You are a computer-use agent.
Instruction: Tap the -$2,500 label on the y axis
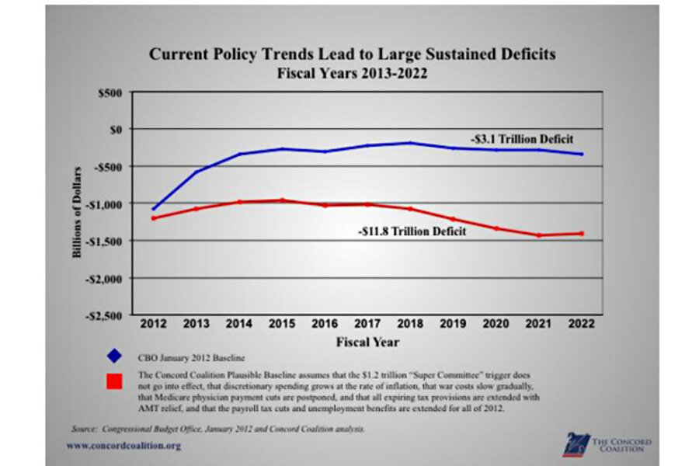(x=106, y=315)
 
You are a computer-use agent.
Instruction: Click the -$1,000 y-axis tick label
(x=106, y=203)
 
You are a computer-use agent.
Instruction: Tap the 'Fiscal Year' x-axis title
(x=367, y=342)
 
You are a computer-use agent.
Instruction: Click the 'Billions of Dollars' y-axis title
(x=78, y=204)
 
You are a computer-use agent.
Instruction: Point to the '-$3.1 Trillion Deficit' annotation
(x=521, y=139)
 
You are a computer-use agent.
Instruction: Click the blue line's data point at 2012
(x=153, y=208)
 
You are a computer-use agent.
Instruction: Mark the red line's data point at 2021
(x=538, y=235)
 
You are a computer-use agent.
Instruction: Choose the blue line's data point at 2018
(x=410, y=143)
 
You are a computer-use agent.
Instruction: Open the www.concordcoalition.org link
(x=123, y=445)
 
